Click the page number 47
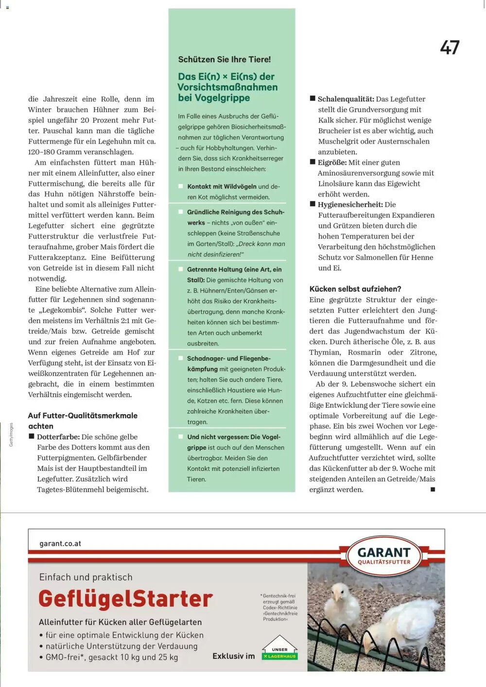tap(450, 48)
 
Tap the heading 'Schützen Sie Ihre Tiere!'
tap(224, 60)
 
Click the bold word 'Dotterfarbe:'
tap(58, 437)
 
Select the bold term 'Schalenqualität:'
tap(346, 99)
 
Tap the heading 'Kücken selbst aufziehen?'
tap(355, 289)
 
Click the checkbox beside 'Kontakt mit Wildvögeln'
tap(181, 186)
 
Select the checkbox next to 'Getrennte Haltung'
tap(181, 269)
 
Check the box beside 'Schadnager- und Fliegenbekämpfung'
tap(181, 359)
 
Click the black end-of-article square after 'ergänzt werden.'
tap(433, 489)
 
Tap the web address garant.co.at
tap(60, 543)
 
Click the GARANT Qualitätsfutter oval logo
tap(384, 556)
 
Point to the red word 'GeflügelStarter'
tap(125, 599)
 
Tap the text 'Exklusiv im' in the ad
tap(233, 656)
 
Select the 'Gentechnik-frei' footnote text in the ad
tap(279, 607)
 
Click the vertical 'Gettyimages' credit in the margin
tap(11, 435)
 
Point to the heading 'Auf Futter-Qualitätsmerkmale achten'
tap(83, 420)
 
